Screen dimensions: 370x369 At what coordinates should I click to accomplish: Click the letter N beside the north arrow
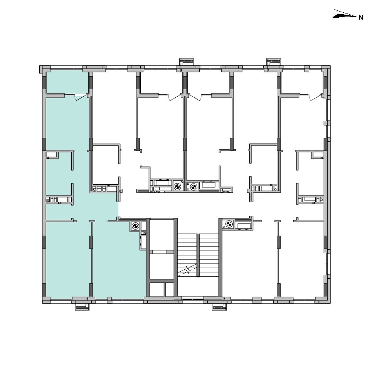tap(361, 17)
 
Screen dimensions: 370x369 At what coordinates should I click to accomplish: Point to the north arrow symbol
tap(344, 14)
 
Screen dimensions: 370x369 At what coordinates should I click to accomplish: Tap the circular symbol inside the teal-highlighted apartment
tap(135, 226)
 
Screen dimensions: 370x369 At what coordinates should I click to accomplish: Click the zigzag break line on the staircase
tap(187, 270)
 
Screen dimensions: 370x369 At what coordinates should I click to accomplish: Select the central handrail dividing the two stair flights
tap(198, 255)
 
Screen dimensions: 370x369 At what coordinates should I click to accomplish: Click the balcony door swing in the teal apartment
tap(80, 97)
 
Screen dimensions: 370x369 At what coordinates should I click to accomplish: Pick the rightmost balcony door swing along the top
tap(316, 97)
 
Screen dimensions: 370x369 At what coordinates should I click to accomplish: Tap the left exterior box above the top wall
tap(187, 62)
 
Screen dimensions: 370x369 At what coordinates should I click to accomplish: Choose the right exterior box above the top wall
tap(274, 62)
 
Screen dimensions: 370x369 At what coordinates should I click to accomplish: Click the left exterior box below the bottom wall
tap(82, 307)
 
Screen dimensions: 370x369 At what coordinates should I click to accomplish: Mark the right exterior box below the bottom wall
tap(219, 307)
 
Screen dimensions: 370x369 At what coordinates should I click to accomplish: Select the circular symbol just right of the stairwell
tap(229, 224)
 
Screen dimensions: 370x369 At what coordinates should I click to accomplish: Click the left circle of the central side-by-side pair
tap(177, 187)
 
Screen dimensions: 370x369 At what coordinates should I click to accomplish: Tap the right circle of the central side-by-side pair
tap(193, 187)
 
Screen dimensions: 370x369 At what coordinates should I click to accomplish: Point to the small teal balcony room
tap(67, 82)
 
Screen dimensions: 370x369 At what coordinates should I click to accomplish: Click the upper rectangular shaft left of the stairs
tap(162, 234)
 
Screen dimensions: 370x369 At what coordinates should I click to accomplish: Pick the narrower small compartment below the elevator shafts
tap(170, 290)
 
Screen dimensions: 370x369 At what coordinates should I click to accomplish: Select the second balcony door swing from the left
tap(175, 97)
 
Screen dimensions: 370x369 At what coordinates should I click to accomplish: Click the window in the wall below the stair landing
tap(193, 299)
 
